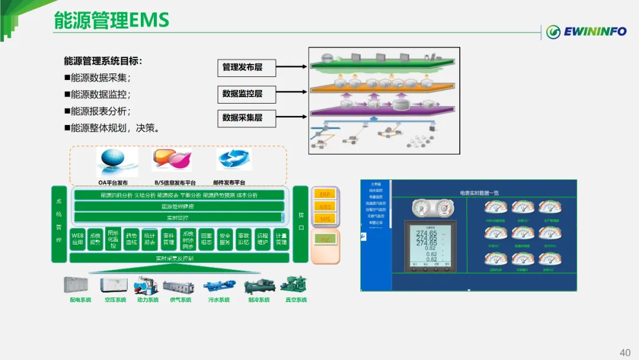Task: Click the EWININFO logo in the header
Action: coord(585,32)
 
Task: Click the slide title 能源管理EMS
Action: coord(111,21)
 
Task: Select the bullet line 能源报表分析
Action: coord(98,111)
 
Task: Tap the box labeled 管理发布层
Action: coord(242,67)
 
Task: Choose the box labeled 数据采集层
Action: coord(242,118)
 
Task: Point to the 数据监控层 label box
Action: coord(242,93)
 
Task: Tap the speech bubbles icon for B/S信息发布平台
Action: coord(172,160)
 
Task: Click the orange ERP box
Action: coord(325,194)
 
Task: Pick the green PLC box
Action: coord(325,239)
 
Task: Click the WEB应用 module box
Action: coord(78,239)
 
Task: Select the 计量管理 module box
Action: coord(280,239)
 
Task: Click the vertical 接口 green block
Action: coord(301,216)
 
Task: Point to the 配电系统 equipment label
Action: coord(80,300)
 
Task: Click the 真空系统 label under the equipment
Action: coord(296,300)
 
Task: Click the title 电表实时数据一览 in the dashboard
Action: coord(479,193)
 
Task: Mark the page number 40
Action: coord(625,353)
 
